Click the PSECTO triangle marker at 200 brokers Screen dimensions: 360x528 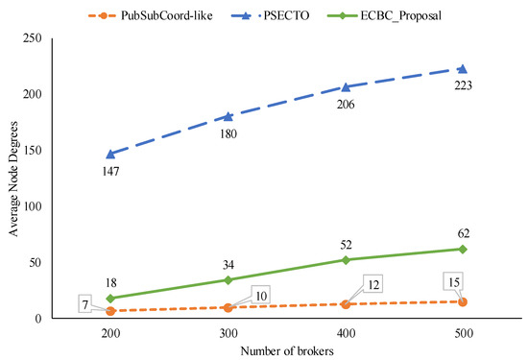[x=110, y=154]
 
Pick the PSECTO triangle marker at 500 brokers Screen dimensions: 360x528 [x=463, y=69]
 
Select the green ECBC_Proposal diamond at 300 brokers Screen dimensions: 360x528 [x=228, y=280]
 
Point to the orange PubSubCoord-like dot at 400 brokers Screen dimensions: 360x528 [x=346, y=304]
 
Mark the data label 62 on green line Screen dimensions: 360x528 [x=463, y=232]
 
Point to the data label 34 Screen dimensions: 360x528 [x=228, y=263]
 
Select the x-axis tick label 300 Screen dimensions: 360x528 [x=228, y=331]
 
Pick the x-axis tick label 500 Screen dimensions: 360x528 [x=463, y=331]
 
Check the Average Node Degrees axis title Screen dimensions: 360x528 [x=13, y=178]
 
